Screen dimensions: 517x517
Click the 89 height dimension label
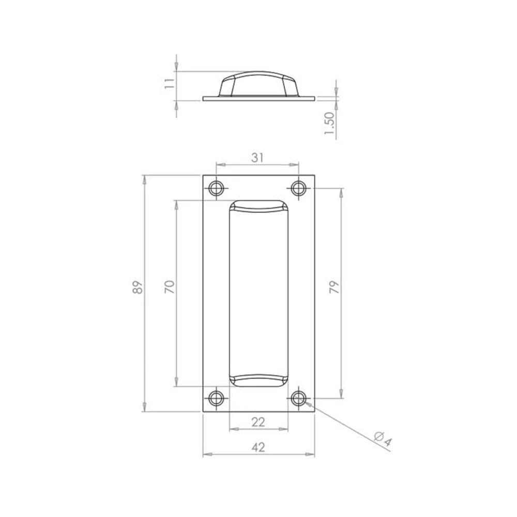tap(138, 287)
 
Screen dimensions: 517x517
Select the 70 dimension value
tap(170, 287)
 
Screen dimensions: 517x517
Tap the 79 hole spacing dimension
tap(334, 287)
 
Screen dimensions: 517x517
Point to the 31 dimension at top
tap(258, 158)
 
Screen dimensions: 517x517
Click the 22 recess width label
tap(258, 422)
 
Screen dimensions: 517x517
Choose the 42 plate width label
tap(258, 447)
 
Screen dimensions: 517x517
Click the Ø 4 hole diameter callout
tap(383, 440)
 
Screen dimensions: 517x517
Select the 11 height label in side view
tap(170, 83)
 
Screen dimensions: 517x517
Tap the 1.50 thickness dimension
tap(329, 123)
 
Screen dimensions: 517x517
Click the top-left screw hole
tap(216, 189)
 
